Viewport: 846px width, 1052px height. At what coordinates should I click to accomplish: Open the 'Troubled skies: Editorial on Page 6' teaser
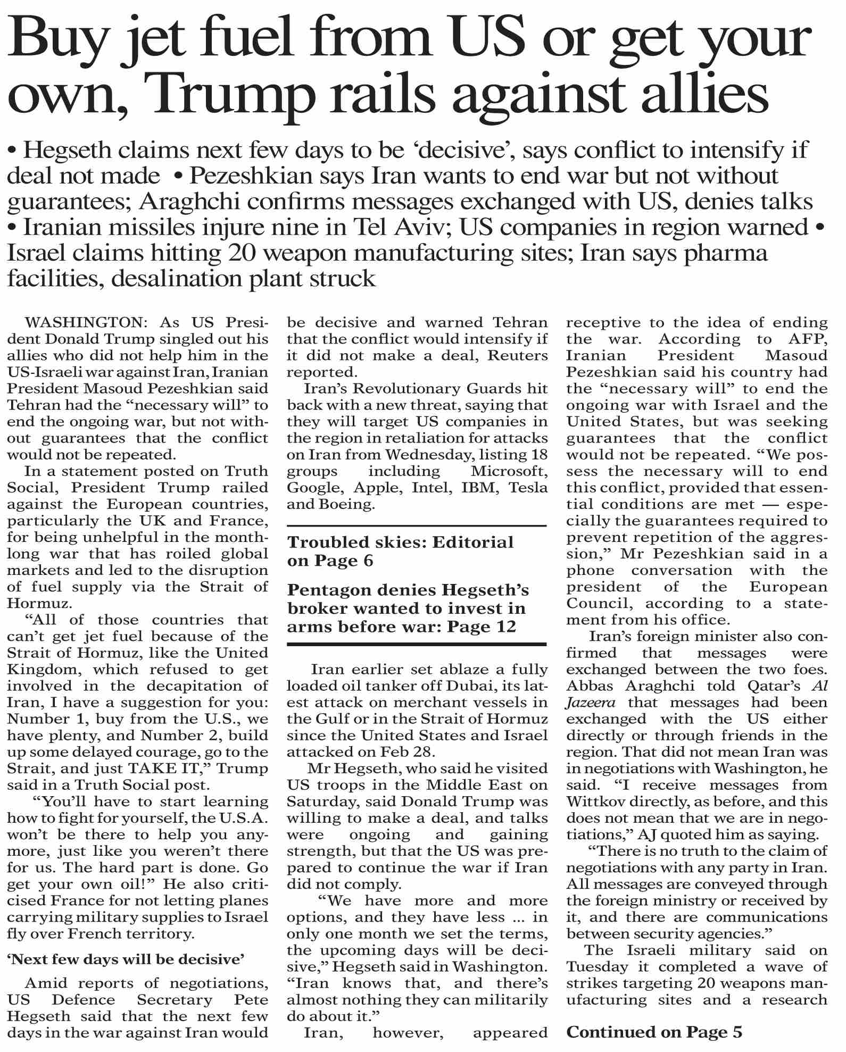coord(400,551)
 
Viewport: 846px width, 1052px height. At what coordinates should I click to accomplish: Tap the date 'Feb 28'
coord(418,752)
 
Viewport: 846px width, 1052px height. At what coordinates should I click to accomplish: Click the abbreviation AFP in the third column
coord(806,339)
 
